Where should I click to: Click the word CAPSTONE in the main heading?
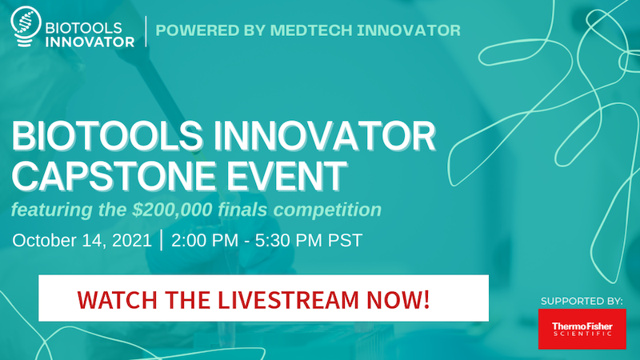103,175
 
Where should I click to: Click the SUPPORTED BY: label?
581,301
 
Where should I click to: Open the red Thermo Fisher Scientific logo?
581,328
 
